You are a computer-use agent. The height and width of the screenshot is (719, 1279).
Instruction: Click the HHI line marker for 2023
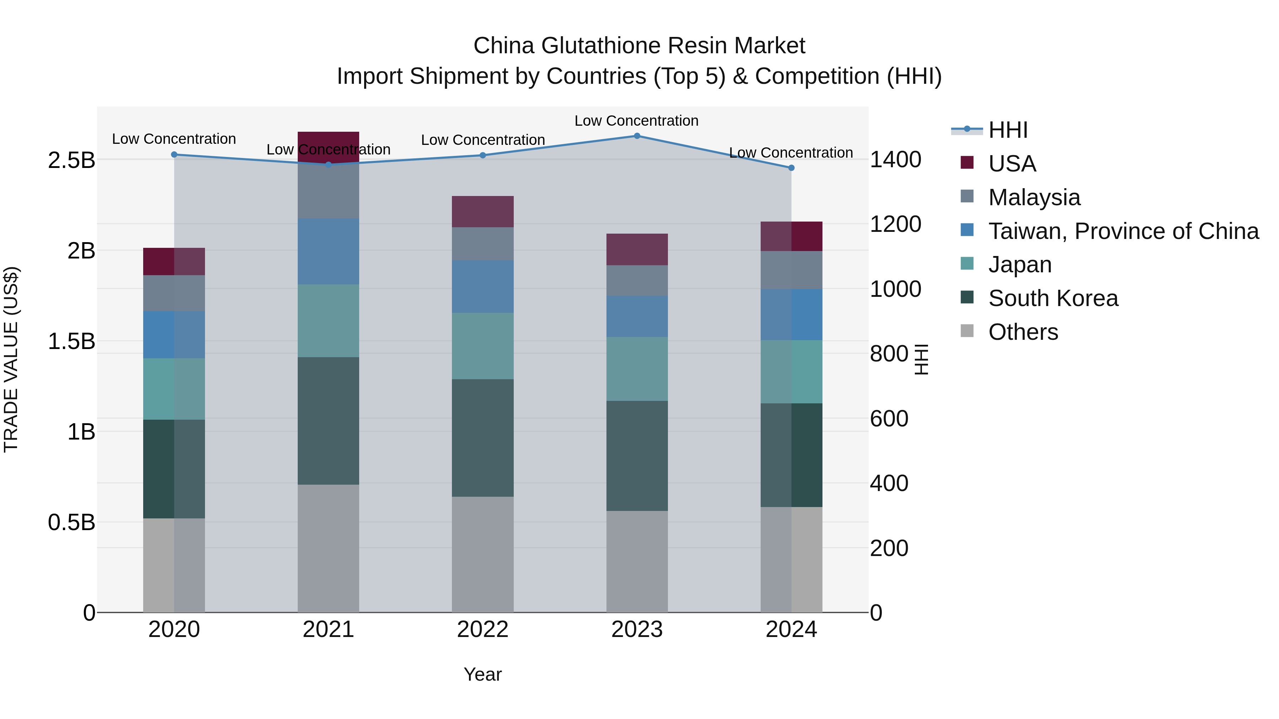637,136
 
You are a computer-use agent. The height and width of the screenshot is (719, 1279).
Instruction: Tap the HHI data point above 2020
174,154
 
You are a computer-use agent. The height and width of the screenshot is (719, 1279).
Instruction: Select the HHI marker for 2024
792,168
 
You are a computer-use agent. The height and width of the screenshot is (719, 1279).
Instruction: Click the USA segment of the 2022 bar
482,211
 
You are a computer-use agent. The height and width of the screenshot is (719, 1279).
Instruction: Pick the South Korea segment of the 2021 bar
328,420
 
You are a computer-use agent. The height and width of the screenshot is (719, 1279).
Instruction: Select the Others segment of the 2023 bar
637,561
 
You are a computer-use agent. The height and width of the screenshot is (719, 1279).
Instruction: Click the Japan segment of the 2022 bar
482,346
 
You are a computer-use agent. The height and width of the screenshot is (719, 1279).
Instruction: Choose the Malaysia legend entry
1034,197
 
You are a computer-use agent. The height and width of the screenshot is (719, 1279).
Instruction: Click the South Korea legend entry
1053,298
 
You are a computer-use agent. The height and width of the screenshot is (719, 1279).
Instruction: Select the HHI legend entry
1008,130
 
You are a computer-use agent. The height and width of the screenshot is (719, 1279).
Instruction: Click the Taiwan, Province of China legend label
1123,231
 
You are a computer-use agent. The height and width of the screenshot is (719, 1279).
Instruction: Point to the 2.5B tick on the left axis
71,160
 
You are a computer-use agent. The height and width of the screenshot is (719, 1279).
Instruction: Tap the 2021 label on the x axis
328,629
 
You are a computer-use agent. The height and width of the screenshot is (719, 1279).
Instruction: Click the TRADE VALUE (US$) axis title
11,359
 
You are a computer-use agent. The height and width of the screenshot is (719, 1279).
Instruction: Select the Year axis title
482,674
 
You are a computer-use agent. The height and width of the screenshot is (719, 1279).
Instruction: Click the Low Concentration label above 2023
637,121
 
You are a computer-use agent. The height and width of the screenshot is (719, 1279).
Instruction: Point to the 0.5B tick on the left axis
71,522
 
